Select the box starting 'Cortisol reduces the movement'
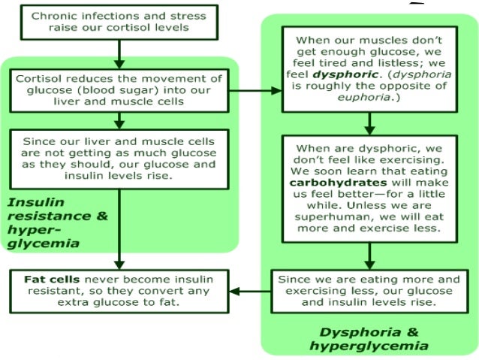tap(119, 89)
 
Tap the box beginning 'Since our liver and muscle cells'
tap(119, 157)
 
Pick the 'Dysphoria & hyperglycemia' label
tap(369, 338)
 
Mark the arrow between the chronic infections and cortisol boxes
tap(119, 53)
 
